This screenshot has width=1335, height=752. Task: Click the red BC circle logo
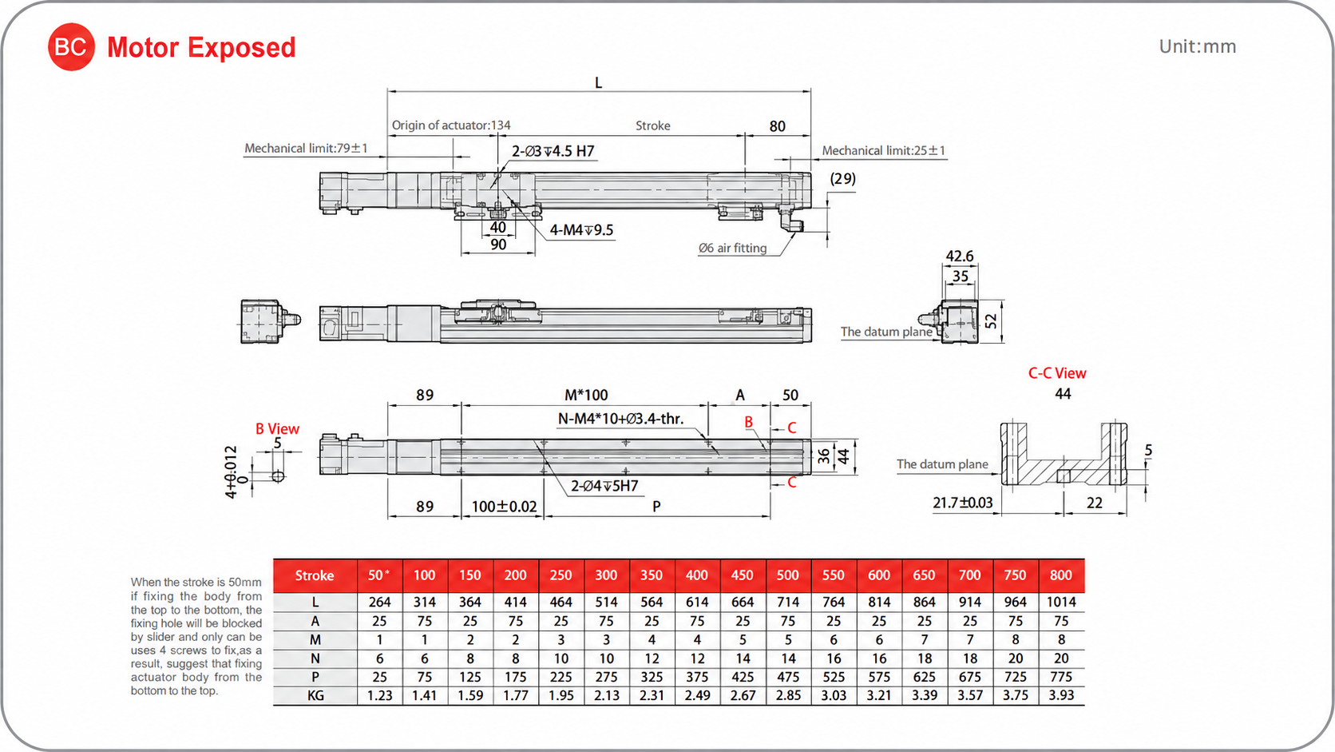click(71, 47)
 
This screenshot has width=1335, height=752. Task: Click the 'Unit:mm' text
click(1198, 46)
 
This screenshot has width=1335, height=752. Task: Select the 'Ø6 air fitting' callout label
click(732, 248)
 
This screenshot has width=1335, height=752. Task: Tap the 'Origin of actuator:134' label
click(451, 125)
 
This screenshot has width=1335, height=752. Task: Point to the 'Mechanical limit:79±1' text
click(307, 149)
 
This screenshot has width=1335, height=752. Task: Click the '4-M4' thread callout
click(581, 230)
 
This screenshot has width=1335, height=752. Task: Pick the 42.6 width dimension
click(960, 257)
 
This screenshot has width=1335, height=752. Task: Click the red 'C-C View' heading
click(1057, 373)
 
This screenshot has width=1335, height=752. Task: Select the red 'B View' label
click(277, 429)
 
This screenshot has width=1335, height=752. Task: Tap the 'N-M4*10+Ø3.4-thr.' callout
click(620, 420)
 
